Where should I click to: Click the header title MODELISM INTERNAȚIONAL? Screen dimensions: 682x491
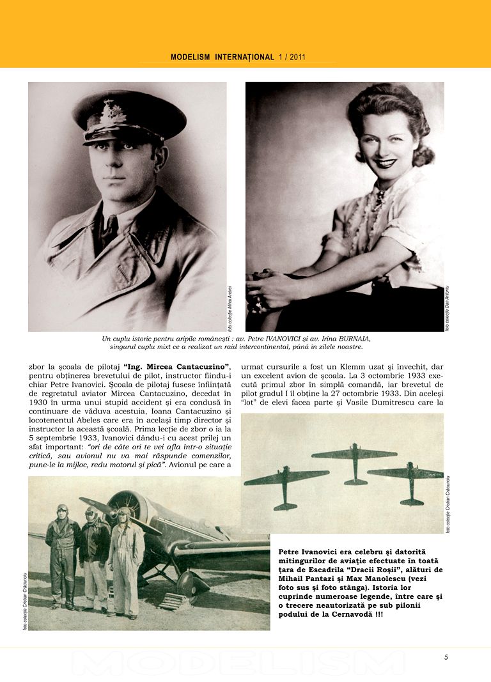tap(222, 57)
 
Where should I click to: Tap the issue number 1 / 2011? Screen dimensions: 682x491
tap(292, 57)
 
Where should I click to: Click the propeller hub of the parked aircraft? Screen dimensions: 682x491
tap(123, 513)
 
